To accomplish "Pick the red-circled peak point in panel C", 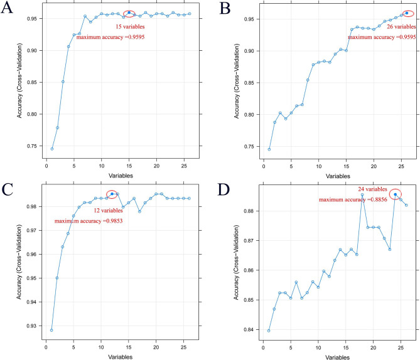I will [x=112, y=194].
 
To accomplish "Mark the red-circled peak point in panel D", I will [x=396, y=194].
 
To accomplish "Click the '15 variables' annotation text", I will [x=131, y=27].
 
